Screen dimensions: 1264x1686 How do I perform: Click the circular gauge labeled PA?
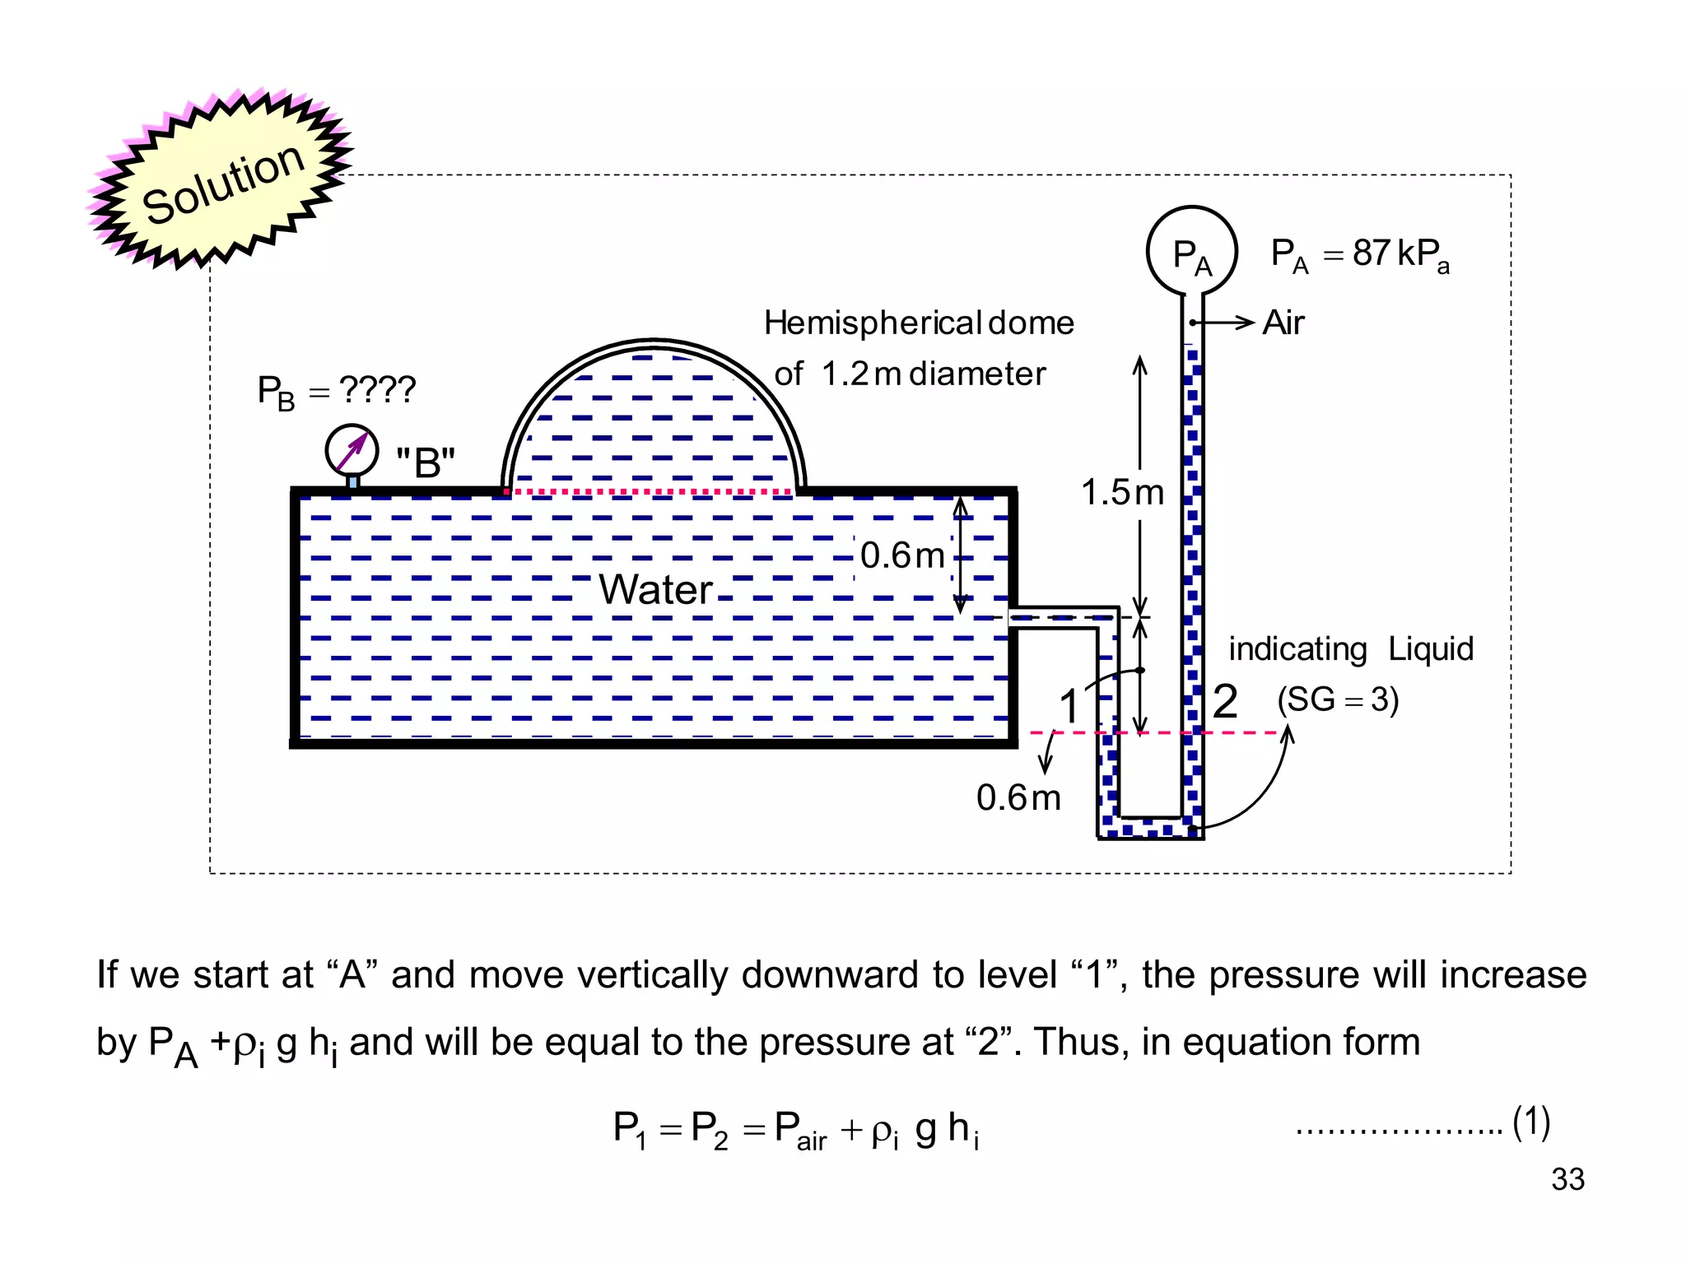1191,251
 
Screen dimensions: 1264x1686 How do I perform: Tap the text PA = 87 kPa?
1359,254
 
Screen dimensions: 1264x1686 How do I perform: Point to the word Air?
1283,323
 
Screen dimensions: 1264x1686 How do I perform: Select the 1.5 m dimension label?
1122,493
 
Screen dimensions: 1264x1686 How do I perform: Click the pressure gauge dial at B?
352,449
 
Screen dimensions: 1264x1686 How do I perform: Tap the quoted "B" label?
425,462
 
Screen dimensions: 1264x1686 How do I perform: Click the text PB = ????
336,390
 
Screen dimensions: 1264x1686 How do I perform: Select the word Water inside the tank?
655,589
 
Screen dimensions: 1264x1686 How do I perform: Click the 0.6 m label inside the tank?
902,555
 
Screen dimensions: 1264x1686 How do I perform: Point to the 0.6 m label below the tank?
1018,797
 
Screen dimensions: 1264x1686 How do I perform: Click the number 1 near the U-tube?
1069,706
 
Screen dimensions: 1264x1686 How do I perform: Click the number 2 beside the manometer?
1225,702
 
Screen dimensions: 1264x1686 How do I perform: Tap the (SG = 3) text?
1338,699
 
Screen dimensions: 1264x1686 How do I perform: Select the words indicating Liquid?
1350,649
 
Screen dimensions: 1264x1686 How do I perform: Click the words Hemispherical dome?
919,323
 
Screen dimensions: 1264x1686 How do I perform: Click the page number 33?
1567,1179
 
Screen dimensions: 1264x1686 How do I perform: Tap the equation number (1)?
1531,1122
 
